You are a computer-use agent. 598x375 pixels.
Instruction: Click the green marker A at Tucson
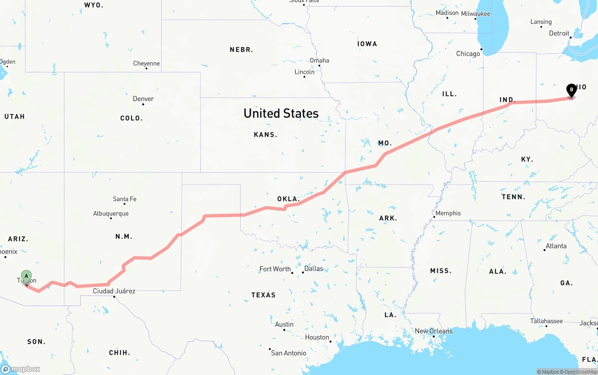[x=26, y=276]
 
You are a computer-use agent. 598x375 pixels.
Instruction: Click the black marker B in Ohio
[x=571, y=90]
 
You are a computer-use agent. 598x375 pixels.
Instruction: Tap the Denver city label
[x=143, y=99]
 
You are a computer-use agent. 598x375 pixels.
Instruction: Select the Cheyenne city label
[x=146, y=64]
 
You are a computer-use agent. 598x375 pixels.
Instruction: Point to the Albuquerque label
[x=111, y=214]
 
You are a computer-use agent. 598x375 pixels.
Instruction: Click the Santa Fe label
[x=125, y=199]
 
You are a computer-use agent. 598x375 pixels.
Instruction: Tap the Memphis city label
[x=448, y=213]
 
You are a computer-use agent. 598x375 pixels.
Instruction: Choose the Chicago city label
[x=468, y=54]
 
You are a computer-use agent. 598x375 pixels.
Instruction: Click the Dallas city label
[x=313, y=269]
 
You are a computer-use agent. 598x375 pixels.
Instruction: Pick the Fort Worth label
[x=275, y=269]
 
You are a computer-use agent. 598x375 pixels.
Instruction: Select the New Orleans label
[x=434, y=331]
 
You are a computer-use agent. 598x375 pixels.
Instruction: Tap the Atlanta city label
[x=556, y=246]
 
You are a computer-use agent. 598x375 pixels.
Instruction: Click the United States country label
[x=281, y=113]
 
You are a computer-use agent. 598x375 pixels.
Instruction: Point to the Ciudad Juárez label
[x=114, y=291]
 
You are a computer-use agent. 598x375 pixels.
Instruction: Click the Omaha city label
[x=320, y=60]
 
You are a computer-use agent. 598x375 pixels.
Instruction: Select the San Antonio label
[x=289, y=353]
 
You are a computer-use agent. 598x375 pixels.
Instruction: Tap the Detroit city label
[x=559, y=33]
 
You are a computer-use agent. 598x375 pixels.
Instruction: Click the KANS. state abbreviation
[x=265, y=134]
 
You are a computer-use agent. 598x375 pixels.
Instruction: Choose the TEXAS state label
[x=263, y=295]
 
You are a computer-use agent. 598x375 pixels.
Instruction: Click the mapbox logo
[x=21, y=369]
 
